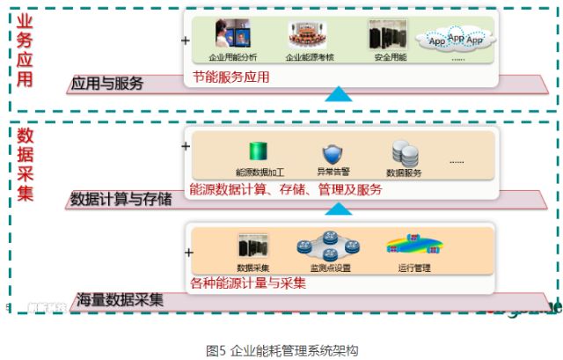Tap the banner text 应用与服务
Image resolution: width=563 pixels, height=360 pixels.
click(x=108, y=84)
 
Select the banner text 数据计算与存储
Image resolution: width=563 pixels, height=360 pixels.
click(x=121, y=199)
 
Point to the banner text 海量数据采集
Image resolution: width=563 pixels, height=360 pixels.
click(x=120, y=298)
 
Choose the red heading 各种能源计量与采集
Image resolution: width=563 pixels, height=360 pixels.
click(x=248, y=283)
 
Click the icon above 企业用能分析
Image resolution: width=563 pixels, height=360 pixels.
click(x=233, y=35)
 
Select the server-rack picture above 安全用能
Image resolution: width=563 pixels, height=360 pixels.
click(x=387, y=34)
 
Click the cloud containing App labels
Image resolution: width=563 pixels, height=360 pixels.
click(x=457, y=40)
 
